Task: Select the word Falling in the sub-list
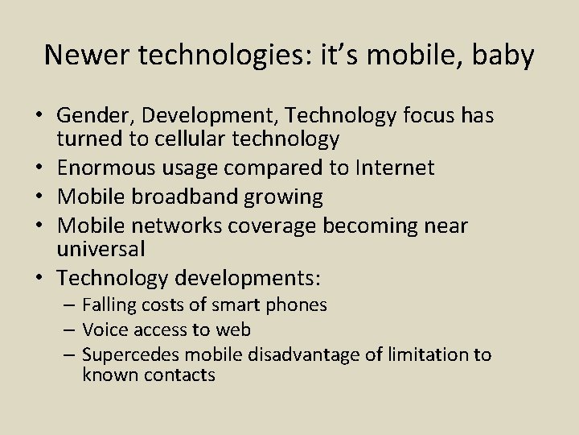(109, 304)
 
